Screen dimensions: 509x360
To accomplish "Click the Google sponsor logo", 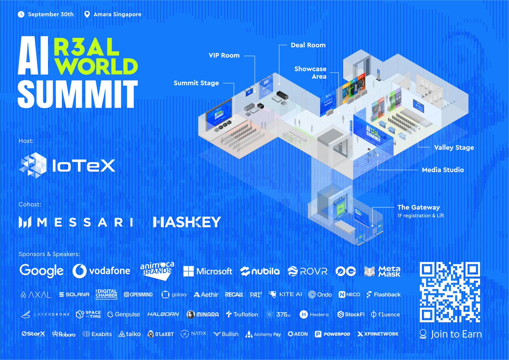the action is (x=41, y=271).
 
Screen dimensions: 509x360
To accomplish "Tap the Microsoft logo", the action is (x=207, y=271).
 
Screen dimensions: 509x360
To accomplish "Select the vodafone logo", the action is (x=101, y=271).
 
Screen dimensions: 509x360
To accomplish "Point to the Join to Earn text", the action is (x=456, y=334).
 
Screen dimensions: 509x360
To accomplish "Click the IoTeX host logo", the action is (x=67, y=165).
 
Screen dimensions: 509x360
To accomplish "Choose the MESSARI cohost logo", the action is (x=76, y=222).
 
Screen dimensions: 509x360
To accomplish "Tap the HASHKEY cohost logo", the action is (x=187, y=222).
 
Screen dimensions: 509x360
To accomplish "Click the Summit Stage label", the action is (x=196, y=83).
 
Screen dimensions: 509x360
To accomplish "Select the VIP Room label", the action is (x=224, y=55).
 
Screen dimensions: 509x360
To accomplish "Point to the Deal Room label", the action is (x=308, y=45).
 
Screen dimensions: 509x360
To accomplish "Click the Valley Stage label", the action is (x=454, y=148).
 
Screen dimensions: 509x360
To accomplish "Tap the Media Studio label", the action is (x=443, y=170).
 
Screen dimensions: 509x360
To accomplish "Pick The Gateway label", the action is (x=418, y=207).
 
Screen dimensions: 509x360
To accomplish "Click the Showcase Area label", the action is (x=310, y=72).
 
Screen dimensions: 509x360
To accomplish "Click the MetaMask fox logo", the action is (x=370, y=271).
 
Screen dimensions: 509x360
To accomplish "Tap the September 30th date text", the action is (x=50, y=14).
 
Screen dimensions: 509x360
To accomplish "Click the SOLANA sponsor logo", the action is (x=74, y=294).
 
